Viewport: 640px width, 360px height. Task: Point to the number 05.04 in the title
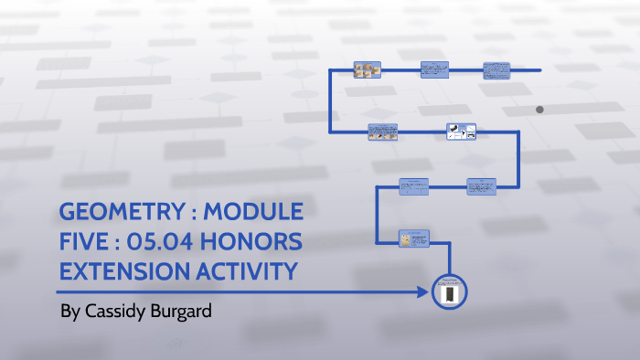tap(167, 243)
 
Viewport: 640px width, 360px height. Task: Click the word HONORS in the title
tap(257, 243)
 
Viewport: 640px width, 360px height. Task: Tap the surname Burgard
tap(181, 312)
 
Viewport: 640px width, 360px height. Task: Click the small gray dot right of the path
tap(539, 110)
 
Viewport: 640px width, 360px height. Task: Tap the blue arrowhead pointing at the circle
tap(423, 292)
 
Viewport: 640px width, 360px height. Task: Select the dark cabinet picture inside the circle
tap(449, 293)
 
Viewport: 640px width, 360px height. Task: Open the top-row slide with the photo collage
tap(368, 69)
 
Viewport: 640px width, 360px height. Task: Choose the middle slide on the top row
tap(432, 69)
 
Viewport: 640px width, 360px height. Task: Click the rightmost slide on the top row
tap(496, 69)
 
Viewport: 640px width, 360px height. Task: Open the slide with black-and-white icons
tap(461, 132)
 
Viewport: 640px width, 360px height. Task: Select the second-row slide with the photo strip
tap(382, 132)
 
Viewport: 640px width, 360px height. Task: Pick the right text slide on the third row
tap(481, 186)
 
